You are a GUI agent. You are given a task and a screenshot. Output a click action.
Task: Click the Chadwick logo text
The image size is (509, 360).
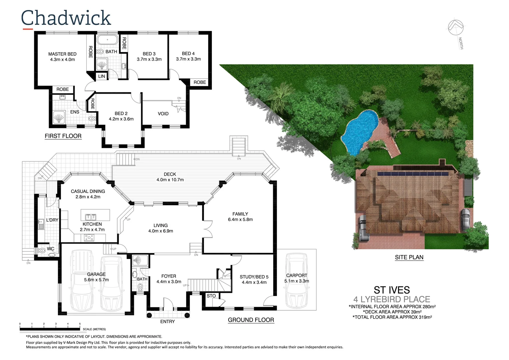tap(66, 18)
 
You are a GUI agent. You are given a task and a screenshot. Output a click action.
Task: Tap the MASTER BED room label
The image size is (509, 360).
tap(62, 54)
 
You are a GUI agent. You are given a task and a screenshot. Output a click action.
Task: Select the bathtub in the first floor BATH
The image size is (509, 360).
tap(107, 40)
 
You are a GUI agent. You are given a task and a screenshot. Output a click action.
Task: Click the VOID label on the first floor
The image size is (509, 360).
tap(163, 114)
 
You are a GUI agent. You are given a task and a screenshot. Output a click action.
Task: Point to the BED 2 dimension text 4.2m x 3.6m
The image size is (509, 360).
tap(121, 119)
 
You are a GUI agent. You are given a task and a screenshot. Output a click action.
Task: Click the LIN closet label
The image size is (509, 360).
tap(102, 76)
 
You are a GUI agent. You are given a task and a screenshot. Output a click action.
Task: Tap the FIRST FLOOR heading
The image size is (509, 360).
tap(63, 136)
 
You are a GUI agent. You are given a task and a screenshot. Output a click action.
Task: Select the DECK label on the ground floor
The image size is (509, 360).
tap(170, 174)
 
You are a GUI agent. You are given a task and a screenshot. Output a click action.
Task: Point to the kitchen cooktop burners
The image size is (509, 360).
tap(89, 238)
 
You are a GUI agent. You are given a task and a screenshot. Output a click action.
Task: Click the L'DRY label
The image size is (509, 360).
tap(52, 220)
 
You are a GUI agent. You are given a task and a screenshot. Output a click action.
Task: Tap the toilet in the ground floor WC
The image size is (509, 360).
tap(42, 251)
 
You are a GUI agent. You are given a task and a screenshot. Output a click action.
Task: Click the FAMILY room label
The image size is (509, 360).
tap(240, 214)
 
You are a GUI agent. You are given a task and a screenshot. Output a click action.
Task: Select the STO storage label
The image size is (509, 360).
tap(211, 296)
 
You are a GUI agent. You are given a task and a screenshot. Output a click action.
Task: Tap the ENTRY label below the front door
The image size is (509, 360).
tap(167, 322)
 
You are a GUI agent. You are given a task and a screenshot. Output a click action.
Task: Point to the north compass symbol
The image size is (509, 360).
tap(455, 27)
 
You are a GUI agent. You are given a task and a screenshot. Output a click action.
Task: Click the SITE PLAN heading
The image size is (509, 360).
tap(409, 257)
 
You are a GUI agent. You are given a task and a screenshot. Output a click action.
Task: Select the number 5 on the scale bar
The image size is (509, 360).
tap(80, 324)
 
